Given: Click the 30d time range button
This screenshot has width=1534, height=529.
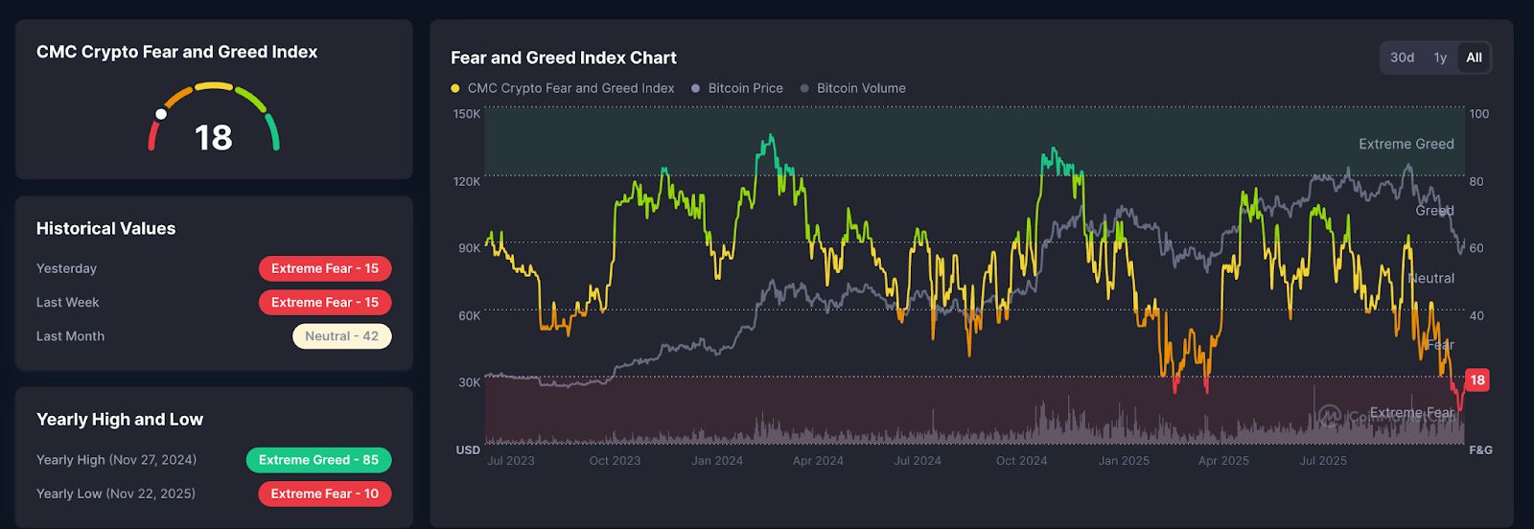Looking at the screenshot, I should coord(1402,57).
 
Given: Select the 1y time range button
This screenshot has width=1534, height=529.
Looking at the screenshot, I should coord(1440,57).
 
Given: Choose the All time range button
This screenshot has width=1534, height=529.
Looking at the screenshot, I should coord(1474,57).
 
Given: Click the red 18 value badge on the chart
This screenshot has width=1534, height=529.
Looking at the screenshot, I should coord(1477,380).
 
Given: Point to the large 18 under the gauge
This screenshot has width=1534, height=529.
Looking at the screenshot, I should coord(214,138).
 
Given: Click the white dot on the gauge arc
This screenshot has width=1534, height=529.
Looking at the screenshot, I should coord(161,114).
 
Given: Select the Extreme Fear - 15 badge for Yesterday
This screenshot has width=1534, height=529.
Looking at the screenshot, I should coord(325,268).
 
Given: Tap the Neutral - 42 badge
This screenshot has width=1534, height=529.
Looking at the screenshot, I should coord(341,336).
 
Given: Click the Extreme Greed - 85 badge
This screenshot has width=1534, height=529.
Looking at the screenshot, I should coord(318,460).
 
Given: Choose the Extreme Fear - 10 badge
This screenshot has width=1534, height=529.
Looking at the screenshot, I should coord(325,494).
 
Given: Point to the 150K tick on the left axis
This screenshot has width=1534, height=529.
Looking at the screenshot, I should coord(467,114).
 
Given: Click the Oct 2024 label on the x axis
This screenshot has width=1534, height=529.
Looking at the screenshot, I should coord(1021,461).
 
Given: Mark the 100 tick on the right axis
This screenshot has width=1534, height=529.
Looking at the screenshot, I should coord(1479,114).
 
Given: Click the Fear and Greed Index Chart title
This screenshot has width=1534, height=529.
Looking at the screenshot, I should coord(564,57).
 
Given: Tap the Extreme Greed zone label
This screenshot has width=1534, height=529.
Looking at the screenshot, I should coord(1406,144).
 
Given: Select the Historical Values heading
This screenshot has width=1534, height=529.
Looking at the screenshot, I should coord(105,228).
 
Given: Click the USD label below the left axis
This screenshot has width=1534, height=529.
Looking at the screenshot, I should coord(468,449).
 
